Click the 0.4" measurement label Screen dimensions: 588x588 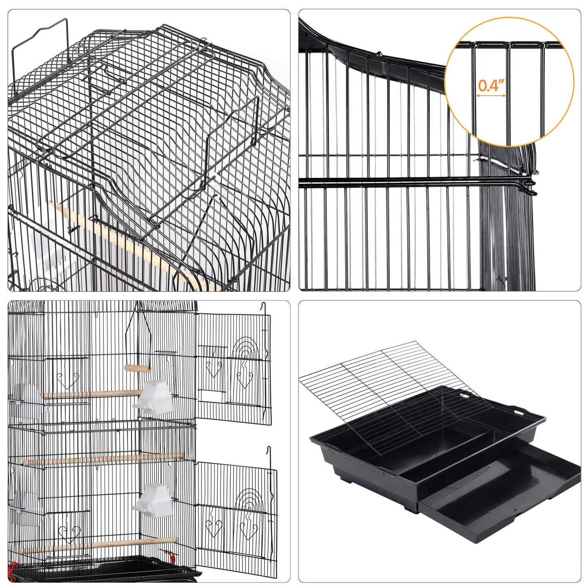tap(491, 85)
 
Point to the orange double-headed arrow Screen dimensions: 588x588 tap(491, 96)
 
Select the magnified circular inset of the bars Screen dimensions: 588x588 tap(509, 81)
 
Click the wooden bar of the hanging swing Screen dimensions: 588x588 tap(138, 368)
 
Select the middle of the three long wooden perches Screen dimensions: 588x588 tap(102, 459)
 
